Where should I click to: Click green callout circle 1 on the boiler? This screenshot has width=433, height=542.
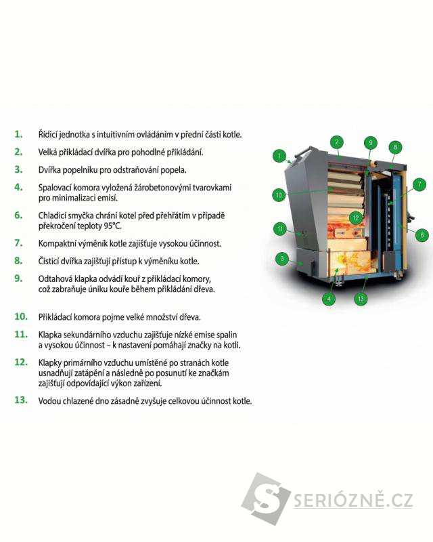pos(279,156)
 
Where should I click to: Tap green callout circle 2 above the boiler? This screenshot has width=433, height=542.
pos(337,142)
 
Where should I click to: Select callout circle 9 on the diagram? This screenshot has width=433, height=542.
pos(370,143)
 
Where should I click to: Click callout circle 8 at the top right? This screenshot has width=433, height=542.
pos(395,147)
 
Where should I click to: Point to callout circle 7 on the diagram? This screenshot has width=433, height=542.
pos(419,184)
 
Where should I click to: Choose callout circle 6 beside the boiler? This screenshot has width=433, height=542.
pos(422,235)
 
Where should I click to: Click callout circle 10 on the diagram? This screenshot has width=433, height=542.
pos(279,195)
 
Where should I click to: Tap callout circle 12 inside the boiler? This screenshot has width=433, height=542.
pos(356,217)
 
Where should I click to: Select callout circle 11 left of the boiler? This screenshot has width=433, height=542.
pos(280,229)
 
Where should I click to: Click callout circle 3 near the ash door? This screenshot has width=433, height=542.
pos(282,259)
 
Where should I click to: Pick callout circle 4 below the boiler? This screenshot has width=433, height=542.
pos(329,298)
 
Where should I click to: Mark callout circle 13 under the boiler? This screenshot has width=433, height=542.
pos(361,298)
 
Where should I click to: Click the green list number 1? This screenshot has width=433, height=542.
pos(19,134)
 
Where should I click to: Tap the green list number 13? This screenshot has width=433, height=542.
pos(21,400)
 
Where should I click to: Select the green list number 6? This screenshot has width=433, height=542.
pos(19,215)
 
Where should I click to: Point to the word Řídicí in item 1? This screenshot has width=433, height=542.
pos(47,134)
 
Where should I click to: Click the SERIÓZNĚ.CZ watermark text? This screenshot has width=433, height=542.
pos(353,500)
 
